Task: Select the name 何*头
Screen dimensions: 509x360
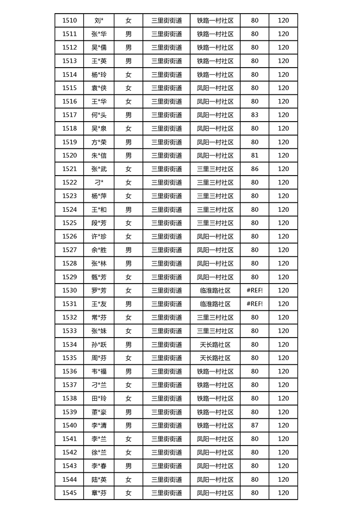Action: click(x=99, y=115)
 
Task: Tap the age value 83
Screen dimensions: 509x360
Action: click(x=255, y=115)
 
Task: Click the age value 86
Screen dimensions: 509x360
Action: click(x=255, y=169)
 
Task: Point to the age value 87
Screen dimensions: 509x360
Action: click(x=255, y=426)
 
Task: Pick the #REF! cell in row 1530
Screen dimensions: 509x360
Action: click(x=255, y=290)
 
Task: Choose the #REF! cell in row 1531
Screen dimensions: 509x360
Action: click(x=255, y=304)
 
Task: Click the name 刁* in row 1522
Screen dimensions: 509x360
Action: click(x=99, y=182)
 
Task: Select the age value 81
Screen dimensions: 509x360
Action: click(x=255, y=156)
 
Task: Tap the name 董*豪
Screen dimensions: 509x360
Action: click(x=99, y=412)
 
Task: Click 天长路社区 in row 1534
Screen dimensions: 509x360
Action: click(x=215, y=344)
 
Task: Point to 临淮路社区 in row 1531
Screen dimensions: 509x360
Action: click(x=215, y=304)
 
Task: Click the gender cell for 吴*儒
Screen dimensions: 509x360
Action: click(x=128, y=47)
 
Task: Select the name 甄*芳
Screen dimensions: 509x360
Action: click(x=99, y=277)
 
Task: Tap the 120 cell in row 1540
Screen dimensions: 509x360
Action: click(x=283, y=426)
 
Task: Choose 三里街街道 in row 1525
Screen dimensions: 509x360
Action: click(x=167, y=223)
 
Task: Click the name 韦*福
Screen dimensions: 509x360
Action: click(x=99, y=372)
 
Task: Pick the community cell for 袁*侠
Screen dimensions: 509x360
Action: click(x=215, y=88)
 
